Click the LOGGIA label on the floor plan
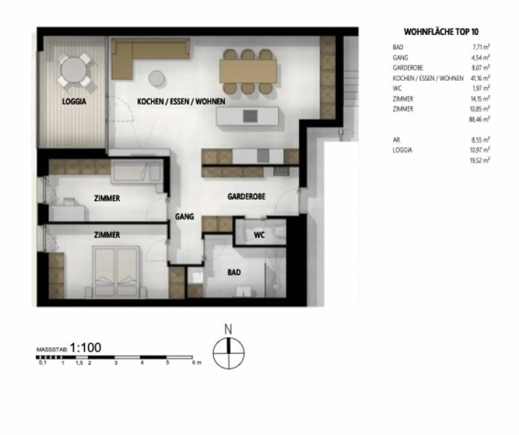click(x=74, y=101)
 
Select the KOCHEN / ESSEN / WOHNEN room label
click(x=181, y=101)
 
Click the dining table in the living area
click(x=248, y=71)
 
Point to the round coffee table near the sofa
click(x=157, y=78)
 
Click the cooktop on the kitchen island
click(x=250, y=116)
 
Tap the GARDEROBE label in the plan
click(x=246, y=196)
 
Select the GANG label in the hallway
click(x=184, y=217)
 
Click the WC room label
click(x=259, y=235)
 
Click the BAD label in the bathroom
click(x=234, y=272)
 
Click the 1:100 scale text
click(x=85, y=348)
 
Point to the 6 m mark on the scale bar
click(x=196, y=363)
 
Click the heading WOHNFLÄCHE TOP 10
click(x=441, y=32)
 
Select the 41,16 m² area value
click(x=480, y=78)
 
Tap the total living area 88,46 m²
click(x=479, y=119)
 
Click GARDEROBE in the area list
click(x=408, y=68)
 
